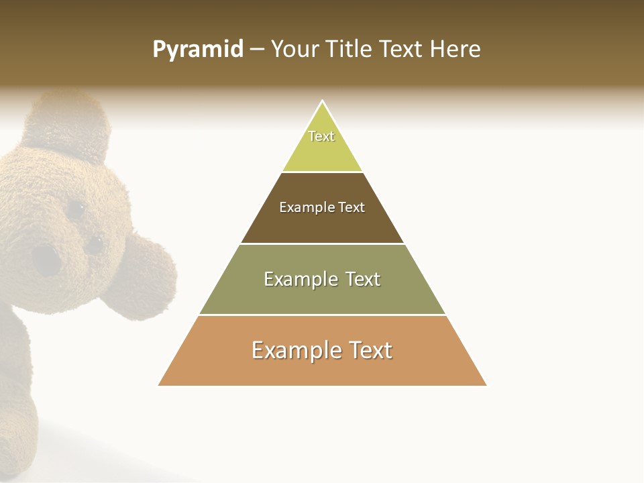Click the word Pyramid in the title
point(198,50)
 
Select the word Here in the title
point(455,49)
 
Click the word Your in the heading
point(294,49)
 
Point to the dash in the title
point(257,50)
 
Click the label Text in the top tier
point(321,136)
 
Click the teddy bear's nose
point(46,258)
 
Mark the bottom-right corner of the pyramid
point(486,385)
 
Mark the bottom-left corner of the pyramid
point(159,385)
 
